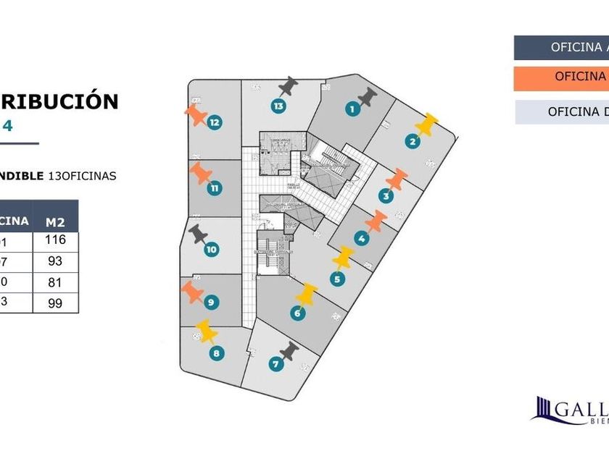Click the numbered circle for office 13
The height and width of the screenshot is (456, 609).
coord(278,106)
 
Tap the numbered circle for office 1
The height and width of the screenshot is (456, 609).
coord(352,110)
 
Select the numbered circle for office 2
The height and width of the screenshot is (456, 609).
coord(412,142)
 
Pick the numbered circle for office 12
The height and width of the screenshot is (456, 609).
coord(214,123)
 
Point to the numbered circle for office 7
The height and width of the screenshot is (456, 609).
coord(275,365)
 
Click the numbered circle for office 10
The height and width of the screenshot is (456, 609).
coord(211,250)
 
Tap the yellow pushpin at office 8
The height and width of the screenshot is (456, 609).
coord(207,332)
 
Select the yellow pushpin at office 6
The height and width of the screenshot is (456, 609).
coord(307,294)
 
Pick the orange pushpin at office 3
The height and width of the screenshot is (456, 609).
coord(397,180)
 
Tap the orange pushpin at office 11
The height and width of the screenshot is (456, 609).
coord(201,174)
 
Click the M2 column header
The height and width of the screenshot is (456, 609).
coord(55,221)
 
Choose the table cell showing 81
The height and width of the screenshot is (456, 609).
coord(55,282)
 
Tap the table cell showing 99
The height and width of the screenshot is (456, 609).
coord(55,303)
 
